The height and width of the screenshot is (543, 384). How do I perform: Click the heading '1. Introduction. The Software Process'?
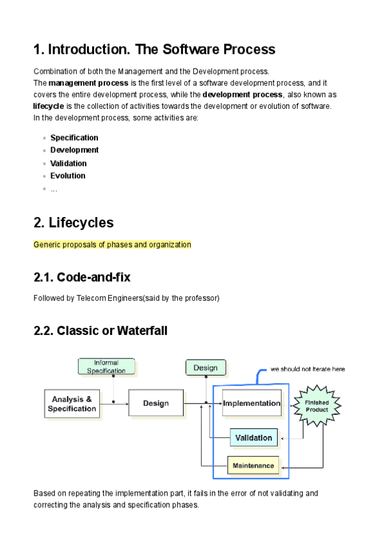pos(154,49)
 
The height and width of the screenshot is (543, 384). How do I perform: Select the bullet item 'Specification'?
pos(74,138)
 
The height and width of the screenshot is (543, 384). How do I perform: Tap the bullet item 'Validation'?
pos(68,163)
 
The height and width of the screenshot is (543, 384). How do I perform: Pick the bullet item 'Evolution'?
pos(68,175)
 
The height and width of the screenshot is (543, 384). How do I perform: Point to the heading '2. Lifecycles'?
pos(73,223)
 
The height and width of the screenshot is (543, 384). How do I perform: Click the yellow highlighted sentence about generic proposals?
pos(112,245)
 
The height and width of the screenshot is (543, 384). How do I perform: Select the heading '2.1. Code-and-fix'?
pos(82,277)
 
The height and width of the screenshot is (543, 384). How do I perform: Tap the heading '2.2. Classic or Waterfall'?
pos(100,330)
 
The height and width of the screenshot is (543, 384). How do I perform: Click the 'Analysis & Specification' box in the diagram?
pos(72,403)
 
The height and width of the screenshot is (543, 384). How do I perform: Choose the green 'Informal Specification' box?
pos(106,366)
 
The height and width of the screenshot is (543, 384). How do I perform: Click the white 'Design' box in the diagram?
pos(156,403)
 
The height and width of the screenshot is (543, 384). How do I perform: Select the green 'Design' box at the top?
pos(205,368)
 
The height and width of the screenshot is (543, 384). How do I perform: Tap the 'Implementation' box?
pos(252,403)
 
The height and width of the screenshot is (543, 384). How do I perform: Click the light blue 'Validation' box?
pos(253,438)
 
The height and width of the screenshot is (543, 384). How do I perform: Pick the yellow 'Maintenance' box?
pos(253,466)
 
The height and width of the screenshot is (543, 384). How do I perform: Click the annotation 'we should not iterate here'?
pos(307,369)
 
